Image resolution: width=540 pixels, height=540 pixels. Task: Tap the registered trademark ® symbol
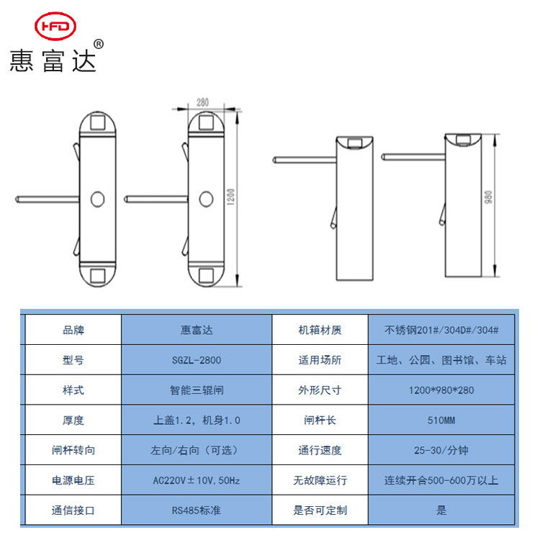click(x=99, y=44)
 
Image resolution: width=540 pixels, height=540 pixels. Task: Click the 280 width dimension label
click(x=202, y=102)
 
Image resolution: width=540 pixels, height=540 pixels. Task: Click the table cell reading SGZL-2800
click(x=197, y=360)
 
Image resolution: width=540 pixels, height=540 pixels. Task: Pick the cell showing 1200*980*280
click(x=441, y=390)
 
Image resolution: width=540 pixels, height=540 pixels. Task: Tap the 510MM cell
click(x=441, y=420)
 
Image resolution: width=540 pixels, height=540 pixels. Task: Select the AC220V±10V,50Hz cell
click(x=197, y=480)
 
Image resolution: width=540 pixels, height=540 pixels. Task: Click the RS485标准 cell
click(x=197, y=510)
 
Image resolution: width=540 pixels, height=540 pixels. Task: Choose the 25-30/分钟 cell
click(x=441, y=450)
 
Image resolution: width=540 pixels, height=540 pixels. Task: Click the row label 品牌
click(x=73, y=330)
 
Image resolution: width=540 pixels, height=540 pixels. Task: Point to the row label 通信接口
click(x=73, y=510)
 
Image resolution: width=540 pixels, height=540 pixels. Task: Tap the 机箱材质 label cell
click(x=320, y=330)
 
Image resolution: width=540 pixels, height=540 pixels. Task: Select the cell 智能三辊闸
click(x=197, y=390)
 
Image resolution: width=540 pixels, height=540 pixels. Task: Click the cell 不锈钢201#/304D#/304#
click(x=441, y=330)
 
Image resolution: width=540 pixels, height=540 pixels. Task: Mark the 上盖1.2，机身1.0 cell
click(x=197, y=420)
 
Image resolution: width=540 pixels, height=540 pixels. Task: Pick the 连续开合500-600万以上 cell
click(x=441, y=480)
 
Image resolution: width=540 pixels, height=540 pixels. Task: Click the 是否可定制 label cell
click(x=320, y=510)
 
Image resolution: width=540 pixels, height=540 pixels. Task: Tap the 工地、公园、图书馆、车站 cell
click(x=441, y=360)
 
